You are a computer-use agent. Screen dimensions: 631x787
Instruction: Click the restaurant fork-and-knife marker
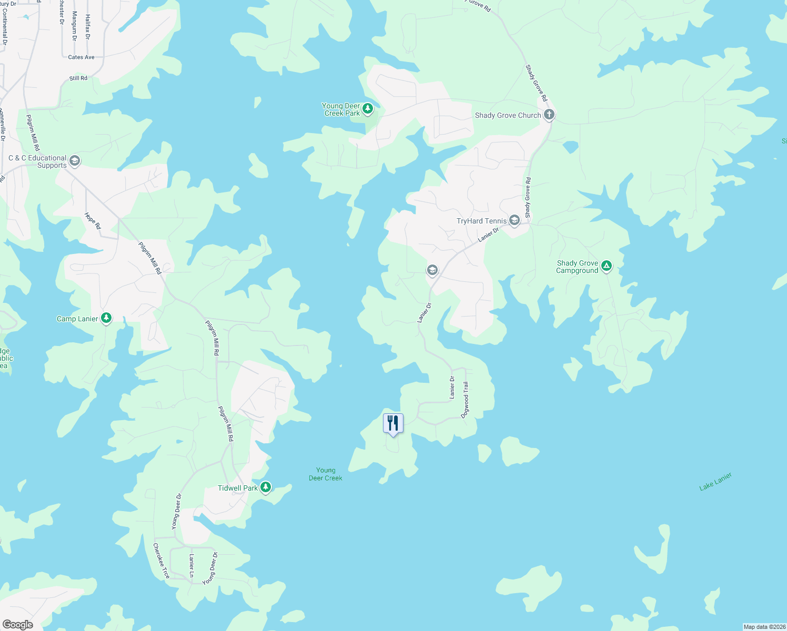(393, 423)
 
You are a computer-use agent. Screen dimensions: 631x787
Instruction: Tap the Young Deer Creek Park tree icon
(368, 109)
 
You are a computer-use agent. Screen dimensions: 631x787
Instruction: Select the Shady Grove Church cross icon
(549, 115)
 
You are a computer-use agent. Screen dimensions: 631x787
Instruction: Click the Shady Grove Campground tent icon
(606, 266)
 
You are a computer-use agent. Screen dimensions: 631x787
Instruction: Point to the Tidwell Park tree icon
(266, 487)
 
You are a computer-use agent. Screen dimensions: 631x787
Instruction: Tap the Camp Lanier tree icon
(106, 318)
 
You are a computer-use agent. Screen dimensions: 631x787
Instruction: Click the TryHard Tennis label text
(481, 221)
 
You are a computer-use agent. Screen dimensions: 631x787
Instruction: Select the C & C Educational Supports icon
(75, 161)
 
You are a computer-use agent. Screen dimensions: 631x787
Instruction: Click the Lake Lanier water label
(715, 482)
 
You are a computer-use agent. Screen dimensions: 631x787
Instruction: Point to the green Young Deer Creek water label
(326, 474)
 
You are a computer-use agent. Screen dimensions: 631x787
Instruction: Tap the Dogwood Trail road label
(465, 400)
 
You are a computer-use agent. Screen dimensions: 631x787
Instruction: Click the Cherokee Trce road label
(161, 561)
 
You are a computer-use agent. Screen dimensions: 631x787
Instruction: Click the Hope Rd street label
(93, 221)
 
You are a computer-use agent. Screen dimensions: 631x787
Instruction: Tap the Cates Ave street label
(81, 57)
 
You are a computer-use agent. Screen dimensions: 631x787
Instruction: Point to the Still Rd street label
(78, 78)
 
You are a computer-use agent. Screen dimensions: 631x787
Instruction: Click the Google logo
(18, 625)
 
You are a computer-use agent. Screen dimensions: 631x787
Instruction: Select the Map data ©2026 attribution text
(764, 627)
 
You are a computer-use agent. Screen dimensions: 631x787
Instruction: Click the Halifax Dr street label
(88, 27)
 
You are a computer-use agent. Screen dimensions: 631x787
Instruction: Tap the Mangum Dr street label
(74, 26)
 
